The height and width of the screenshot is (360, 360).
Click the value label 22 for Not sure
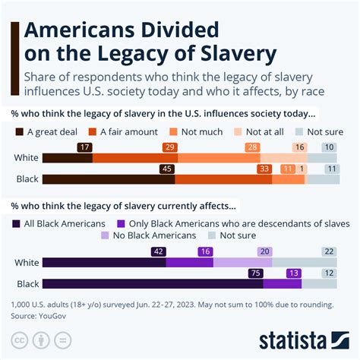[x=328, y=251]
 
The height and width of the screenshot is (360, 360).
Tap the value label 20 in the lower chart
[x=264, y=251]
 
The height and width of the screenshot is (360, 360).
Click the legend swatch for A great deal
[x=17, y=130]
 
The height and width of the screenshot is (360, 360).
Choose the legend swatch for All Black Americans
[x=17, y=223]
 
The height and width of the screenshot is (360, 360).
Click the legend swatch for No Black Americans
[x=106, y=235]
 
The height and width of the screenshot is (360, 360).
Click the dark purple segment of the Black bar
[x=152, y=284]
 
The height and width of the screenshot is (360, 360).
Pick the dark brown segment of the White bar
[x=67, y=158]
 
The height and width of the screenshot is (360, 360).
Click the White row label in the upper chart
[x=26, y=158]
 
